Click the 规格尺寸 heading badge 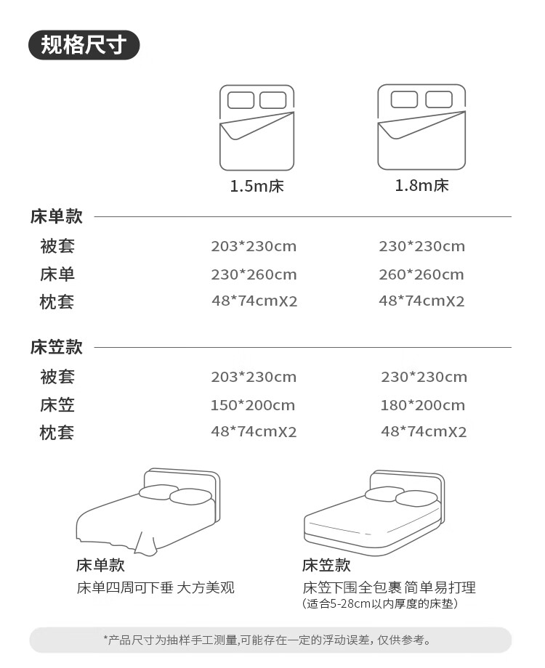(x=84, y=45)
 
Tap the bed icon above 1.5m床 (x=257, y=128)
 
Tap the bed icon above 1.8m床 (x=421, y=127)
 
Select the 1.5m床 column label (x=257, y=186)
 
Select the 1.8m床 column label (x=421, y=185)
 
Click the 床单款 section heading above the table (x=57, y=216)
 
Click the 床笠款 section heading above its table (x=57, y=347)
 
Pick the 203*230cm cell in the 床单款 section (x=254, y=246)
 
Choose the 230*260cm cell (x=254, y=274)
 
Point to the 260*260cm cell (x=421, y=274)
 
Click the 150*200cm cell (x=253, y=405)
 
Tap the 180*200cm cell (x=422, y=405)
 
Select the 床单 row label (x=57, y=274)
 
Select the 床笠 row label (x=57, y=405)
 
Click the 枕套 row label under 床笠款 (x=57, y=433)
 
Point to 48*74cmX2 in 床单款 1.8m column (x=421, y=301)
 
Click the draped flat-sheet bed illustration (x=149, y=512)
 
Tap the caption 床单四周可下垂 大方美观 (x=156, y=587)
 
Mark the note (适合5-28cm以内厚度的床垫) (x=380, y=603)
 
